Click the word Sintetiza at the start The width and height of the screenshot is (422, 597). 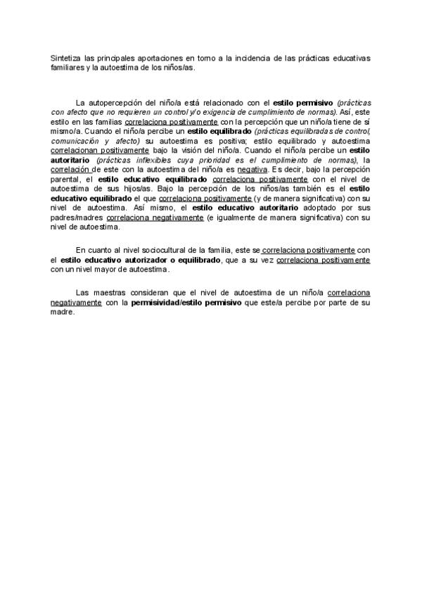click(x=65, y=58)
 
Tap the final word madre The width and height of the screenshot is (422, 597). click(x=62, y=312)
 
